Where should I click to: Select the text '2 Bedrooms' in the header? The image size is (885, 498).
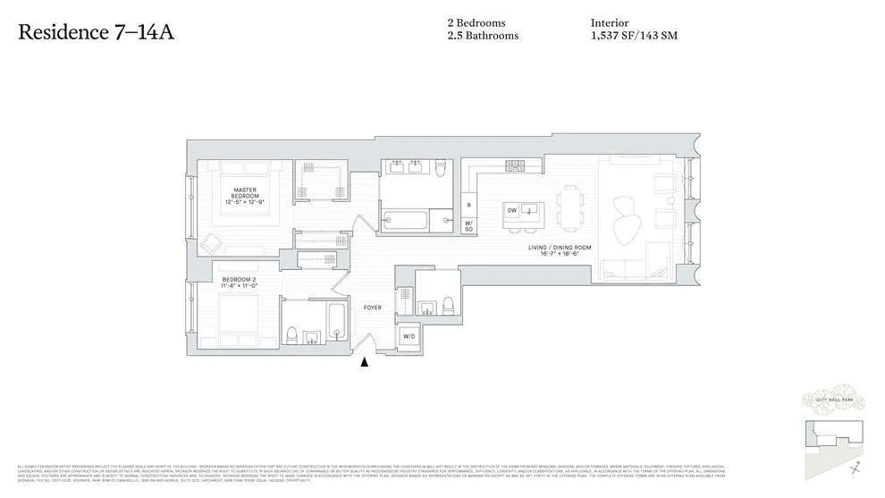(x=477, y=23)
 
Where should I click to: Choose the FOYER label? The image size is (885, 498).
(x=372, y=308)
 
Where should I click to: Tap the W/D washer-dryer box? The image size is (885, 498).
(x=408, y=336)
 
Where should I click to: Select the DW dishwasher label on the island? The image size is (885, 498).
(x=512, y=210)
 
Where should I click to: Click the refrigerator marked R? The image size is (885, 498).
(x=468, y=205)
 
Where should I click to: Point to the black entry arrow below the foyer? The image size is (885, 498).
(x=363, y=362)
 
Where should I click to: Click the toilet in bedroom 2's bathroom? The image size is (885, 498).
(x=291, y=335)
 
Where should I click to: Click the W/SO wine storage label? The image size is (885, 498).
(x=468, y=225)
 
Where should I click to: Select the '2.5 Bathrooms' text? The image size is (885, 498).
(x=483, y=36)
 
